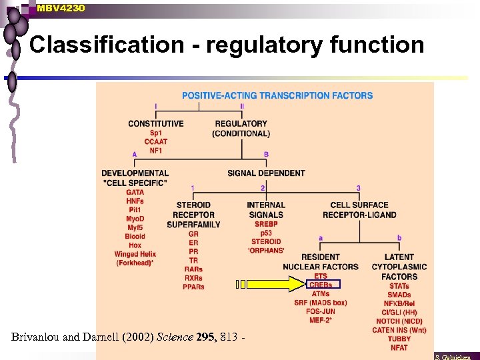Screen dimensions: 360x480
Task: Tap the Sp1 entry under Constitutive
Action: (156, 133)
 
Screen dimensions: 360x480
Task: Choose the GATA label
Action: (135, 193)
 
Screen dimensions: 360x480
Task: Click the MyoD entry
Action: (135, 219)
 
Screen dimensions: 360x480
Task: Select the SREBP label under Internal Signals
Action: (266, 224)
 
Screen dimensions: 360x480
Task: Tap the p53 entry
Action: (266, 233)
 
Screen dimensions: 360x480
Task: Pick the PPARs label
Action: (193, 287)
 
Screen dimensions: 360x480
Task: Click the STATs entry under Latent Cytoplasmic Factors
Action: (399, 286)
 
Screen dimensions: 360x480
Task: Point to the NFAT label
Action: (399, 347)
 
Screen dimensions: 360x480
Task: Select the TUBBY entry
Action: (399, 339)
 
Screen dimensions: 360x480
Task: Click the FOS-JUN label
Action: (320, 311)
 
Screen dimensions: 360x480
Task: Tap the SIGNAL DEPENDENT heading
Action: (266, 173)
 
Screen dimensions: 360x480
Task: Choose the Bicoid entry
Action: (135, 237)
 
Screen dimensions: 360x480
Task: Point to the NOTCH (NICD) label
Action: (399, 321)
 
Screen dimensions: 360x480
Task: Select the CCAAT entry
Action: (156, 141)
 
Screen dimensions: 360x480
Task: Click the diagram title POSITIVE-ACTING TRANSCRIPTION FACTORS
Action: (277, 95)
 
